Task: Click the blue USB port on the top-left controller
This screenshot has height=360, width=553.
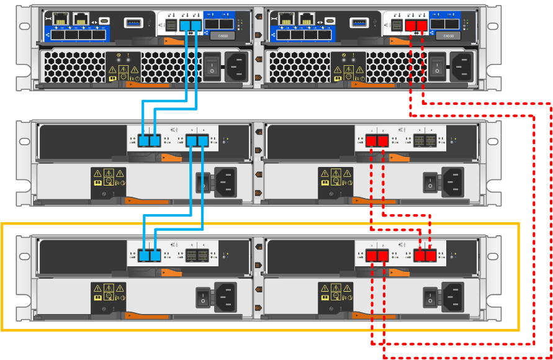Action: click(x=133, y=23)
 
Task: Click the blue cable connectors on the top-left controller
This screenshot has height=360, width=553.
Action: click(x=192, y=25)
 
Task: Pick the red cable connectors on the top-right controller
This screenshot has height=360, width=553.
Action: click(x=416, y=25)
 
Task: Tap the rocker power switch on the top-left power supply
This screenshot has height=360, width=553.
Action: click(x=212, y=65)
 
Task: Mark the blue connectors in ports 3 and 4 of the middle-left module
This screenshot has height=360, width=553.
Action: click(x=197, y=142)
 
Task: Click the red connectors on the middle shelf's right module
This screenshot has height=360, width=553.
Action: click(x=377, y=142)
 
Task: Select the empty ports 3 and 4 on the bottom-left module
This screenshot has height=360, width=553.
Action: click(x=197, y=255)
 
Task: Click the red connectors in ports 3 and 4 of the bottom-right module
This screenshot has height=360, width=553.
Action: click(x=425, y=255)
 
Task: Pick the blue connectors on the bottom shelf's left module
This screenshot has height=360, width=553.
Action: click(x=149, y=255)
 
